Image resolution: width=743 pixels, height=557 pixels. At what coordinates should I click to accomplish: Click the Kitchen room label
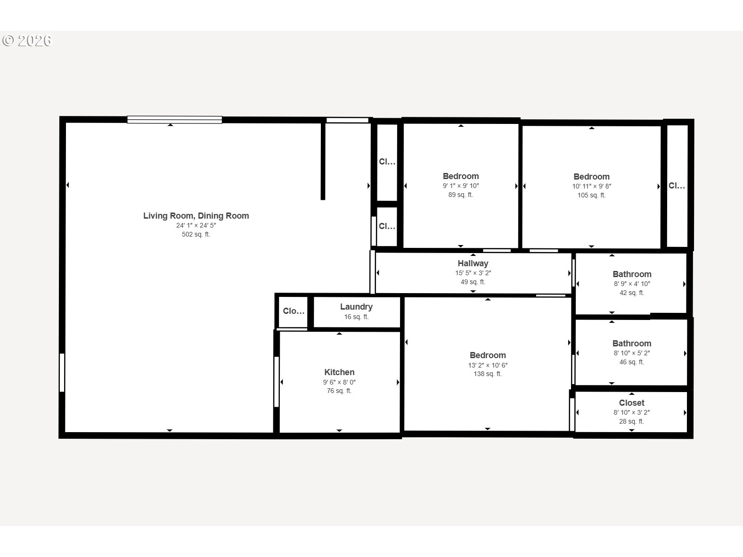(x=339, y=372)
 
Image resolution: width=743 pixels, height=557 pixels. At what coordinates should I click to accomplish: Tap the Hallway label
(x=473, y=263)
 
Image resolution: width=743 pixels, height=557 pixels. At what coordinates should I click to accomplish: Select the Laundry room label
(x=357, y=307)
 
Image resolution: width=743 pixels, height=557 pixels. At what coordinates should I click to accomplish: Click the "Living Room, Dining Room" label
(x=196, y=216)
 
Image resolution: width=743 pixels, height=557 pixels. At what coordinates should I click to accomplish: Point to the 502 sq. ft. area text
(x=196, y=234)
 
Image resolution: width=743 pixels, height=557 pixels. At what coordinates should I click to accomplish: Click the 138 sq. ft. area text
(x=488, y=374)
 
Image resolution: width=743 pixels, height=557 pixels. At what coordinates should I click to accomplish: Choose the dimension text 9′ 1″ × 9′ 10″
(x=461, y=186)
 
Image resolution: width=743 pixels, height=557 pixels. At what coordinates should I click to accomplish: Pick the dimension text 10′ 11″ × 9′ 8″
(x=592, y=186)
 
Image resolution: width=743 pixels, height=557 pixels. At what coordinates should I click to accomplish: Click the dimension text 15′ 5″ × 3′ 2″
(x=473, y=273)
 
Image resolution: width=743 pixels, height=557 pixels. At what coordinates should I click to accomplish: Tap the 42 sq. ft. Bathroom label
(x=632, y=274)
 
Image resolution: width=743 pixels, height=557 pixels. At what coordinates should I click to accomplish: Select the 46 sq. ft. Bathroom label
(x=632, y=344)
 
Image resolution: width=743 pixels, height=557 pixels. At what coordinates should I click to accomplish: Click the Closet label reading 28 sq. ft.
(x=632, y=403)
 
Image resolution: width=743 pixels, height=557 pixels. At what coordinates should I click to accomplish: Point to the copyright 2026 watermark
(x=27, y=41)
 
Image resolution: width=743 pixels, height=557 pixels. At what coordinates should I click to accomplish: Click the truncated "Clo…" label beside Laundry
(x=294, y=311)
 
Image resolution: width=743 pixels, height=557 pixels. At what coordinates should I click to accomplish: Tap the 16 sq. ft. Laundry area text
(x=357, y=317)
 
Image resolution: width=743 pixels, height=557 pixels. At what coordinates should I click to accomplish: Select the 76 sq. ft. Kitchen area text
(x=339, y=391)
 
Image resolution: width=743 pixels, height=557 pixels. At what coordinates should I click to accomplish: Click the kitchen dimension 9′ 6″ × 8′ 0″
(x=339, y=382)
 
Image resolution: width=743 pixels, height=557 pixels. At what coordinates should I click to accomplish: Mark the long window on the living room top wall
(x=175, y=119)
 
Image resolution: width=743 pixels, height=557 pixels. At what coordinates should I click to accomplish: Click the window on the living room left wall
(x=62, y=373)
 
